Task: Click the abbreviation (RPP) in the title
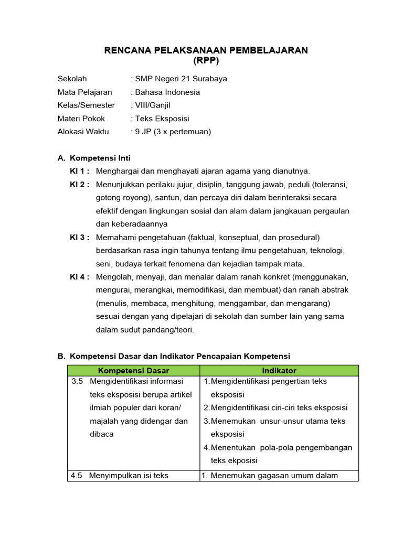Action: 206,61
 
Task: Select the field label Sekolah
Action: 72,79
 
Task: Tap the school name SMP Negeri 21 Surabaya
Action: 181,79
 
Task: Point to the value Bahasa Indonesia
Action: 167,92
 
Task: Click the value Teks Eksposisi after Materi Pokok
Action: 162,119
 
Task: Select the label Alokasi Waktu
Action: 83,132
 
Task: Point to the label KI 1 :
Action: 80,171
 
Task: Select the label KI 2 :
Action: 80,185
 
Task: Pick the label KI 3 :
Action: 80,238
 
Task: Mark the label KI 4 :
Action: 80,277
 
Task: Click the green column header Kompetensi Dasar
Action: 133,371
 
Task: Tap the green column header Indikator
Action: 279,371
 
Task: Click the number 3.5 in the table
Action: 77,381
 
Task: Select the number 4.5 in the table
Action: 77,476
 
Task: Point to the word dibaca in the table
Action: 102,434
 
